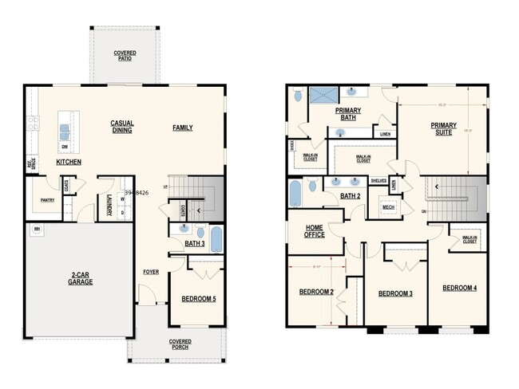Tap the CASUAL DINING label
(121, 126)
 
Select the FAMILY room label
(183, 128)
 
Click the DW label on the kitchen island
(64, 147)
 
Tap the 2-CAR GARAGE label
(79, 279)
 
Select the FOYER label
(151, 272)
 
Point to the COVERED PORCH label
(180, 344)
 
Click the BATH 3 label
(196, 243)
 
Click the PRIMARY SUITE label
(442, 129)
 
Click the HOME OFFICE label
(314, 230)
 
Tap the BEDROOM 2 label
(315, 292)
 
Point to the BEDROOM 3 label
(394, 294)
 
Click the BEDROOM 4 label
(459, 287)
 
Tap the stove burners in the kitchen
(34, 124)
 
